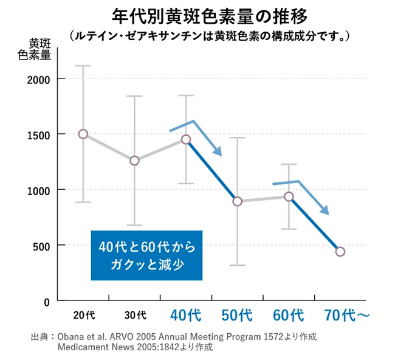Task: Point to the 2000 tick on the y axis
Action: pyautogui.click(x=39, y=79)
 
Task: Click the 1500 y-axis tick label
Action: pyautogui.click(x=39, y=134)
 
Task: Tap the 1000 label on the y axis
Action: pyautogui.click(x=39, y=190)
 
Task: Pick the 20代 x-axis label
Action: pyautogui.click(x=84, y=315)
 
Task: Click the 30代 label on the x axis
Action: pyautogui.click(x=135, y=315)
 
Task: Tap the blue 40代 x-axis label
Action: pyautogui.click(x=185, y=315)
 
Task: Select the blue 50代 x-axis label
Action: pyautogui.click(x=237, y=315)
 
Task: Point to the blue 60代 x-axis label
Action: pyautogui.click(x=289, y=315)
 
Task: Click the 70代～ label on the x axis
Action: pyautogui.click(x=347, y=315)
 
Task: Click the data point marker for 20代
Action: pyautogui.click(x=83, y=134)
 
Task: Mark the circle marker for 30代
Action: pyautogui.click(x=135, y=161)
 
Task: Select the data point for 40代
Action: pyautogui.click(x=186, y=139)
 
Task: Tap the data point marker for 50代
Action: pyautogui.click(x=238, y=201)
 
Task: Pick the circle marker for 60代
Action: pyautogui.click(x=289, y=196)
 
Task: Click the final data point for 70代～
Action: pyautogui.click(x=340, y=252)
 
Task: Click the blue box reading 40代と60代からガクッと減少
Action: pyautogui.click(x=146, y=255)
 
